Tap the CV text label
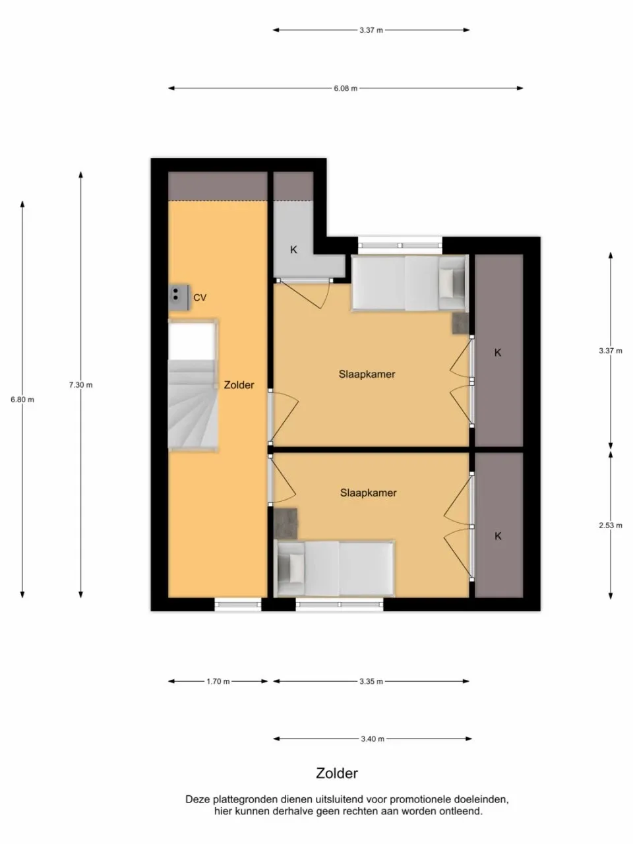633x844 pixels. click(x=200, y=298)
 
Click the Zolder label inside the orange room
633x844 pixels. click(x=239, y=385)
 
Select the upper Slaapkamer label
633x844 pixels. click(x=367, y=375)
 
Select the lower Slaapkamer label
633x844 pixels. click(x=368, y=493)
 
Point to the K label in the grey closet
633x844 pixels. click(x=294, y=250)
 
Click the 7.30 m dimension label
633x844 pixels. click(x=80, y=385)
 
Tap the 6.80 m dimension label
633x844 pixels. click(x=22, y=400)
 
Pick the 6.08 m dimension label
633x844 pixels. click(x=346, y=88)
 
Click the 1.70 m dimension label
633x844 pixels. click(x=218, y=682)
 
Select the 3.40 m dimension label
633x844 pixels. click(x=373, y=739)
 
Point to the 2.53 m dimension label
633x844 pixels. click(x=610, y=526)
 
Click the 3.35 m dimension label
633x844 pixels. click(x=371, y=682)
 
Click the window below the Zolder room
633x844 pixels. click(x=238, y=604)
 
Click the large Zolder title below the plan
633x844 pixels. click(x=337, y=773)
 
